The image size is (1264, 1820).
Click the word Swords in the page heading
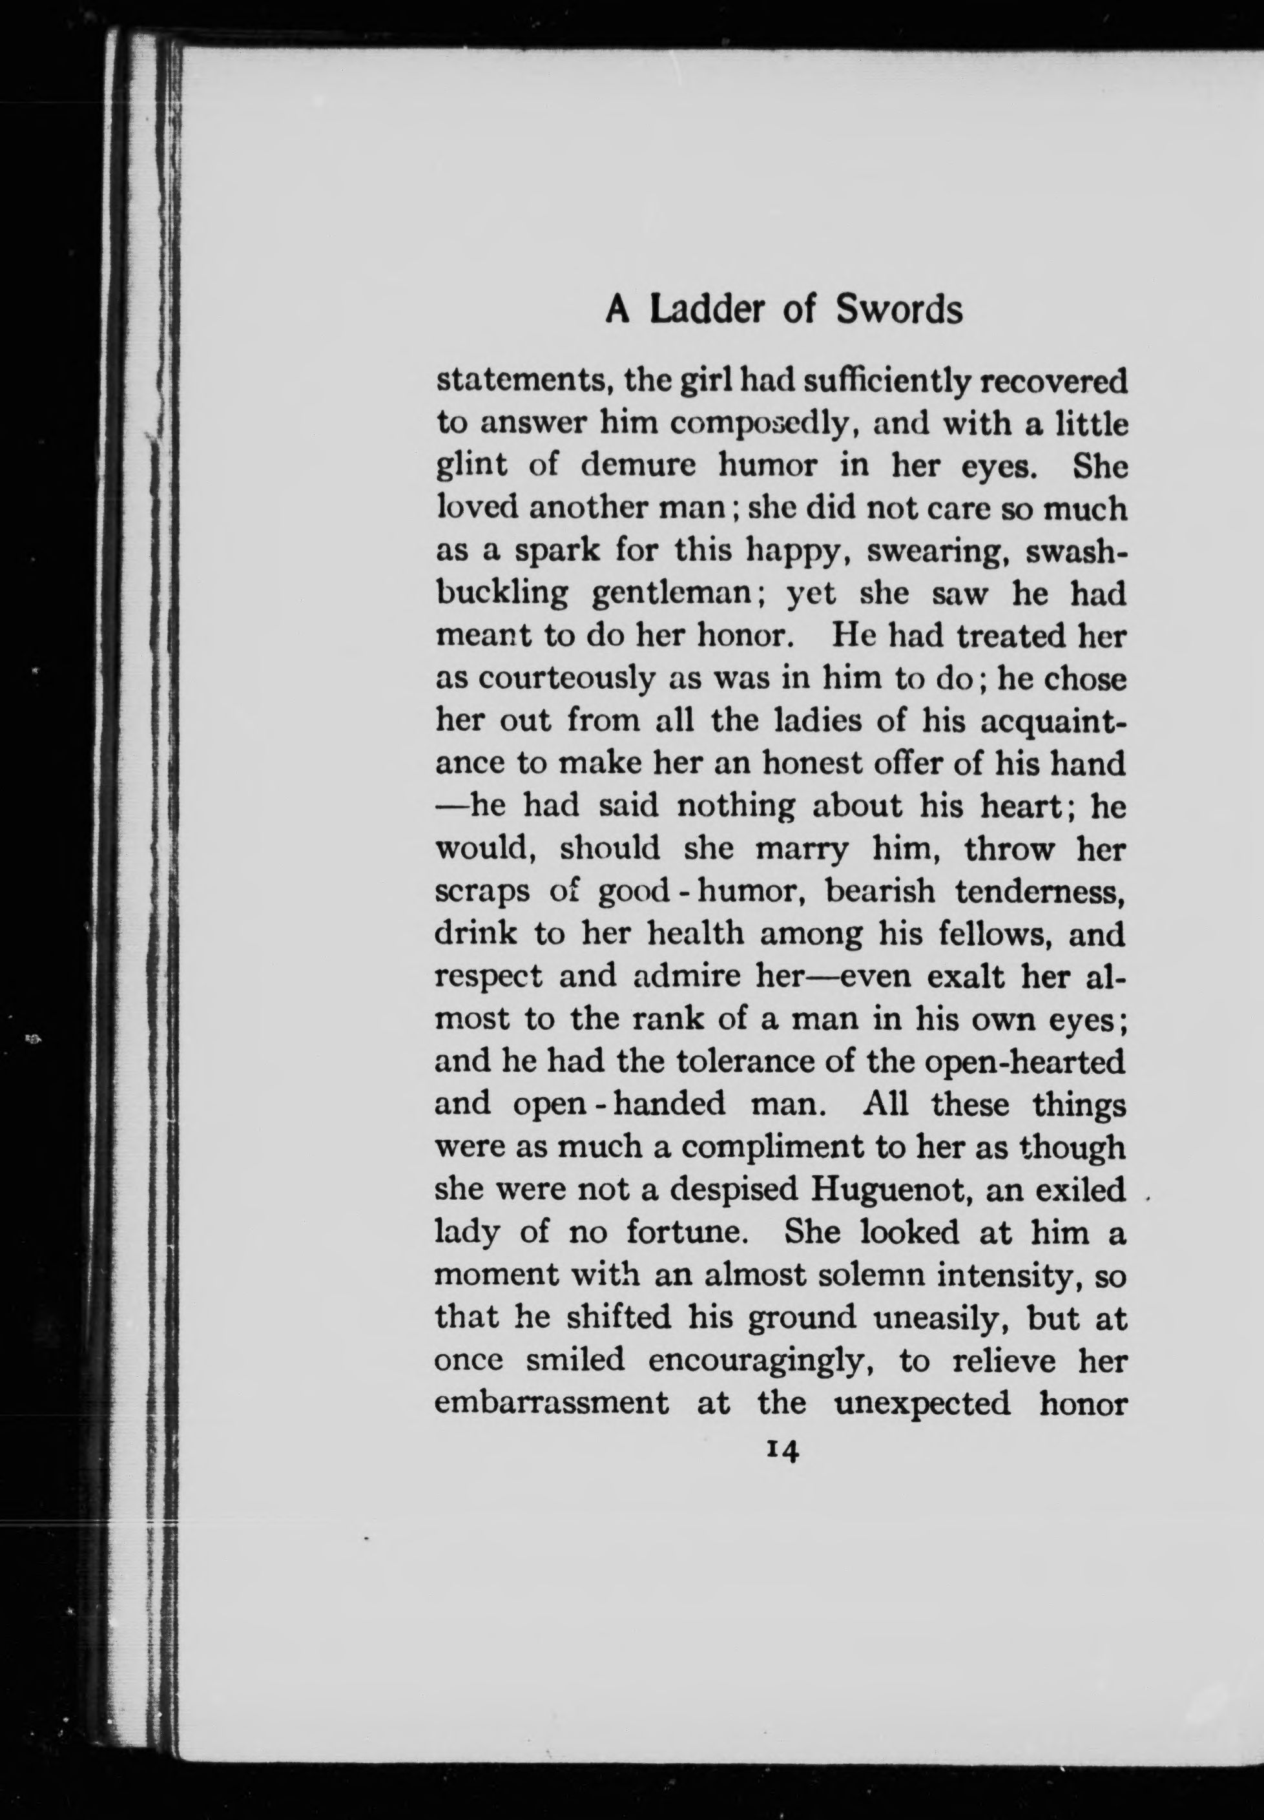coord(899,309)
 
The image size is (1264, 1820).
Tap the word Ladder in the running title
coord(709,309)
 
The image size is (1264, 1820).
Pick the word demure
coord(638,466)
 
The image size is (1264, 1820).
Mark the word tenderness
coord(1040,891)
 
